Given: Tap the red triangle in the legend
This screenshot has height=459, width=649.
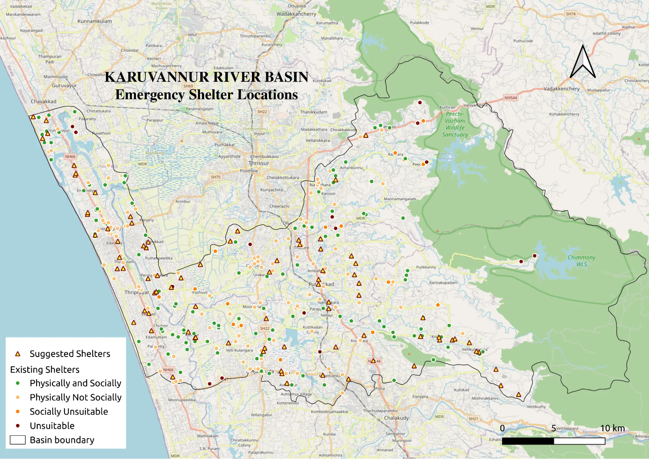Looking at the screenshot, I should pyautogui.click(x=18, y=354).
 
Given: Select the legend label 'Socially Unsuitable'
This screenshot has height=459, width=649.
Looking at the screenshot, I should pyautogui.click(x=69, y=412).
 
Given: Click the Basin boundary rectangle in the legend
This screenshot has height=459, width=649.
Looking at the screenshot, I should pyautogui.click(x=18, y=440).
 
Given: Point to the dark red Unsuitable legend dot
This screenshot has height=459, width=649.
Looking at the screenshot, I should pyautogui.click(x=18, y=426).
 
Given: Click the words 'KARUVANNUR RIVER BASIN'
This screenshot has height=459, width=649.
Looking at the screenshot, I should pyautogui.click(x=206, y=77).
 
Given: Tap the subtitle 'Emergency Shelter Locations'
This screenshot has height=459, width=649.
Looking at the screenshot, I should pyautogui.click(x=206, y=95).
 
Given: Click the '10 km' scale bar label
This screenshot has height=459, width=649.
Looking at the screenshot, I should pyautogui.click(x=612, y=428).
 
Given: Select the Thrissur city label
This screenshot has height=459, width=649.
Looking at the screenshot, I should pyautogui.click(x=259, y=163).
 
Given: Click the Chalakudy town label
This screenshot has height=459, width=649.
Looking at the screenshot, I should pyautogui.click(x=396, y=418).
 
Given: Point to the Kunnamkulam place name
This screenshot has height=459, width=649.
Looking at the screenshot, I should pyautogui.click(x=94, y=21).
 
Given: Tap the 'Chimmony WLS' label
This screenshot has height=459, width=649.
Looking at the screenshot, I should pyautogui.click(x=581, y=261).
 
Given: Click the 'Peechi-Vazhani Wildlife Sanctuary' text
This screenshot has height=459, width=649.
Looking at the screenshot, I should pyautogui.click(x=455, y=124).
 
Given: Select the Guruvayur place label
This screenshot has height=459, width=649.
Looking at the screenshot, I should pyautogui.click(x=64, y=85).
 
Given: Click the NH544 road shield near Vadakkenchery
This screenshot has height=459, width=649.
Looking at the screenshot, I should pyautogui.click(x=510, y=98).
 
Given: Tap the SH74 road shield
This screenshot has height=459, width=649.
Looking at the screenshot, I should pyautogui.click(x=570, y=14).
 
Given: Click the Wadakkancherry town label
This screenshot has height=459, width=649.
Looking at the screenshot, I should pyautogui.click(x=296, y=14).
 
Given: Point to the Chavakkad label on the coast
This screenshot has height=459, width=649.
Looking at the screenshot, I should pyautogui.click(x=44, y=101).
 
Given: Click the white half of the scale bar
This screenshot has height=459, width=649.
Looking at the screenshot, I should pyautogui.click(x=579, y=441).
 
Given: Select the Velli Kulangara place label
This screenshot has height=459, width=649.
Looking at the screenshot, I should pyautogui.click(x=239, y=350).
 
